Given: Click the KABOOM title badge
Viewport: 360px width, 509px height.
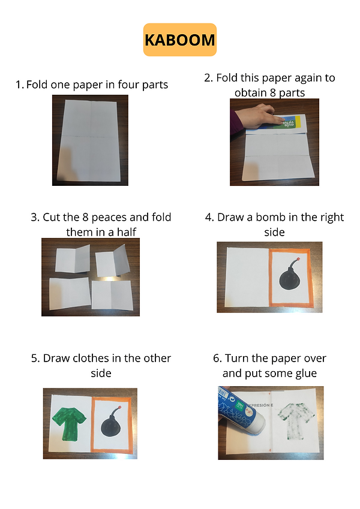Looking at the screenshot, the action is pyautogui.click(x=179, y=40).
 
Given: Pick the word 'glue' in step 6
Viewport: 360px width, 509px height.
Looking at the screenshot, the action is pyautogui.click(x=306, y=374).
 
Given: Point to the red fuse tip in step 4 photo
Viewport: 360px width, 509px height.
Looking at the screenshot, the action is pyautogui.click(x=298, y=259).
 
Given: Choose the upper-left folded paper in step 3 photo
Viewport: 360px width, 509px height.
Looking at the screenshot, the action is pyautogui.click(x=73, y=259).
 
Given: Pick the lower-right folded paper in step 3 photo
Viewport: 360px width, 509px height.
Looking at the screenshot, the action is pyautogui.click(x=112, y=295).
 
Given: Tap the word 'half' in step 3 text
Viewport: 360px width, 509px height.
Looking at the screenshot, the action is pyautogui.click(x=127, y=232).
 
